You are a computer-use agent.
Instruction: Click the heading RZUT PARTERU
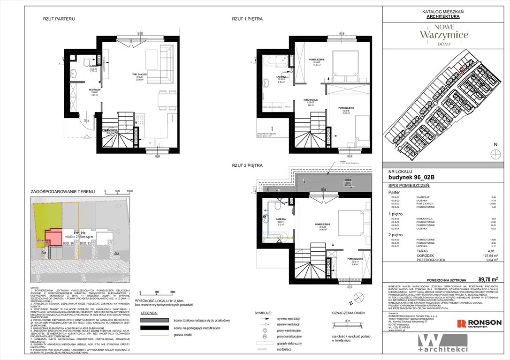click(59, 19)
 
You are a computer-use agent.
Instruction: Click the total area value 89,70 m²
click(489, 278)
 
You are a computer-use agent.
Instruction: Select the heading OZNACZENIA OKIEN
click(350, 313)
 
